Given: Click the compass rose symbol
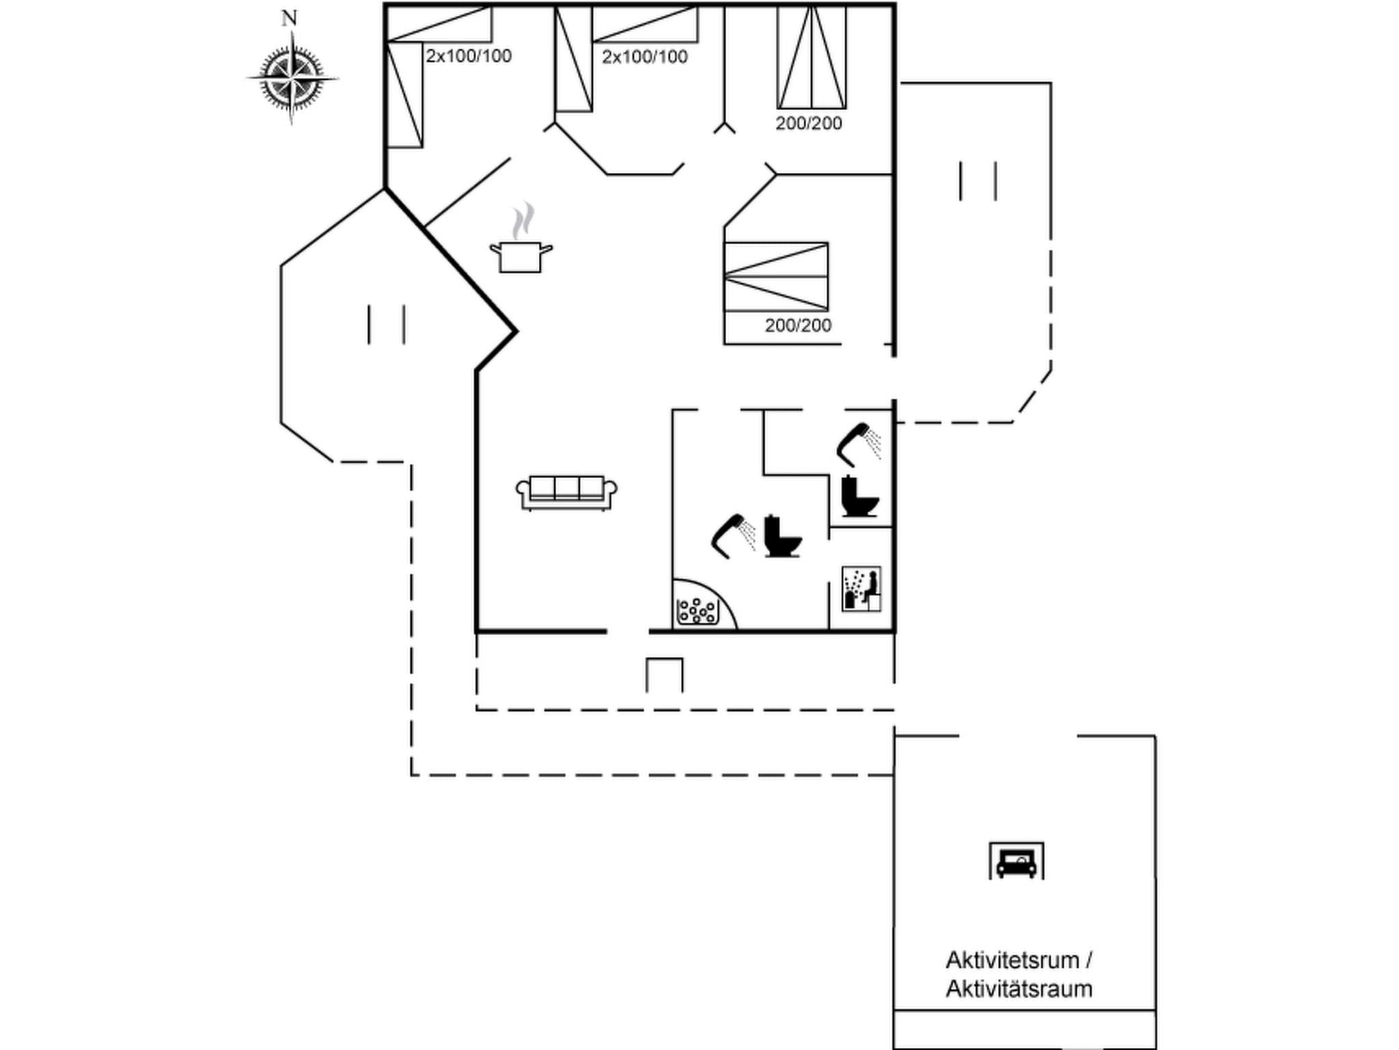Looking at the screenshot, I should pos(292,79).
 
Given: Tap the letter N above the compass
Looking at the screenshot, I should pos(290,18).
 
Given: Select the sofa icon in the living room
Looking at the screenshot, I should pos(566,492).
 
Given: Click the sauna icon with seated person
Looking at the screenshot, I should pos(861,589).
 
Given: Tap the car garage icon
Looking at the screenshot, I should pos(1016,862).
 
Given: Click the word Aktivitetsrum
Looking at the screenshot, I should pos(1012,960).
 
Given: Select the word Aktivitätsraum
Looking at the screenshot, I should pos(1019,989).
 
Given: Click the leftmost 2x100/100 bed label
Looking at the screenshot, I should pos(469,56).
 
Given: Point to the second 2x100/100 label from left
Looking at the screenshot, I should pos(644,57).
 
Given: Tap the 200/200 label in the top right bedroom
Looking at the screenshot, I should pos(808,124).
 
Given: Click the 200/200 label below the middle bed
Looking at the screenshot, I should pos(798,325).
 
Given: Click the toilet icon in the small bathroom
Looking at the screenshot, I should pos(859,496).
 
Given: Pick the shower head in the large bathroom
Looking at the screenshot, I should pos(730,535).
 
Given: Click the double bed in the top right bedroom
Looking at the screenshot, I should pos(812,57).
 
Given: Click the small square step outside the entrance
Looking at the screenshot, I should pos(664,675).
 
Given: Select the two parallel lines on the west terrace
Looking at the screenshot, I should pos(387,324).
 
